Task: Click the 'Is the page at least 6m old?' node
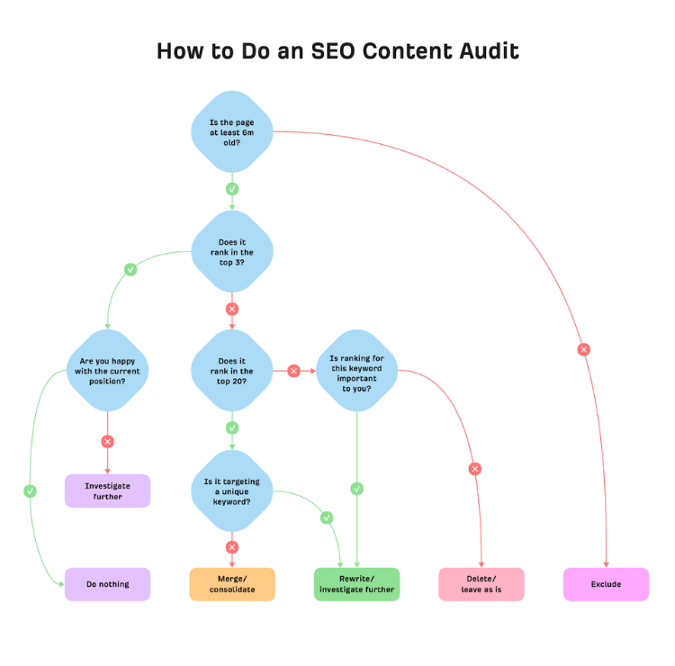click(232, 131)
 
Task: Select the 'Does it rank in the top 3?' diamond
click(232, 252)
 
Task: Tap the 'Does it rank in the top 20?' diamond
click(232, 371)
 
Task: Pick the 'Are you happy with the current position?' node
click(108, 371)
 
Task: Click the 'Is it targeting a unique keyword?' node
click(232, 491)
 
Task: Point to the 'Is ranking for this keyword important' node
click(357, 371)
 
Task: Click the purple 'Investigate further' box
click(108, 490)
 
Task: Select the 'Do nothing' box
click(108, 584)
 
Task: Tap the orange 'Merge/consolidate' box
click(232, 584)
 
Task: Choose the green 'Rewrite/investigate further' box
click(357, 584)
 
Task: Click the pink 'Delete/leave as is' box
click(481, 584)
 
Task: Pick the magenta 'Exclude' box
click(606, 584)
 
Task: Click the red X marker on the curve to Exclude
click(584, 349)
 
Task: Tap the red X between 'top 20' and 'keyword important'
click(294, 371)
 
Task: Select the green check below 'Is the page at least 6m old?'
click(232, 189)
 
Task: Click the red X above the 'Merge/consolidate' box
click(232, 547)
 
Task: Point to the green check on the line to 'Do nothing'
click(30, 490)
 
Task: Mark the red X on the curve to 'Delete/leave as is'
click(475, 469)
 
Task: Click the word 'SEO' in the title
click(333, 51)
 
